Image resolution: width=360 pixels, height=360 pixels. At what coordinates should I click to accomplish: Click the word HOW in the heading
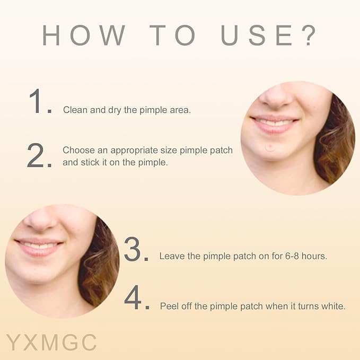pos(84,35)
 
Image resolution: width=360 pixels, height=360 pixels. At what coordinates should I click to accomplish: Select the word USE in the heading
pos(256,35)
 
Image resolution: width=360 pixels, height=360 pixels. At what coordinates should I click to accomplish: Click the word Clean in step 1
pos(75,110)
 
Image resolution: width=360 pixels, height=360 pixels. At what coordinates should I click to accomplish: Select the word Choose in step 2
pos(79,150)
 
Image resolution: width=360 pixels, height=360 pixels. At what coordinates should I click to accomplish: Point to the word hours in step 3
pos(314,256)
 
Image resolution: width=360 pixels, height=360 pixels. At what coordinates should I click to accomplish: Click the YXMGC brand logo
pos(51,343)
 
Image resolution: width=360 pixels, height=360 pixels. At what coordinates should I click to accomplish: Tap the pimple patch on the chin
pos(270,147)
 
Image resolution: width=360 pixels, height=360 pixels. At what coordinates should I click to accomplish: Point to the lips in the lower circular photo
pos(39,248)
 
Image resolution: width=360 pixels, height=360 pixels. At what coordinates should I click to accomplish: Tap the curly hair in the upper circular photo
pos(335,142)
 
